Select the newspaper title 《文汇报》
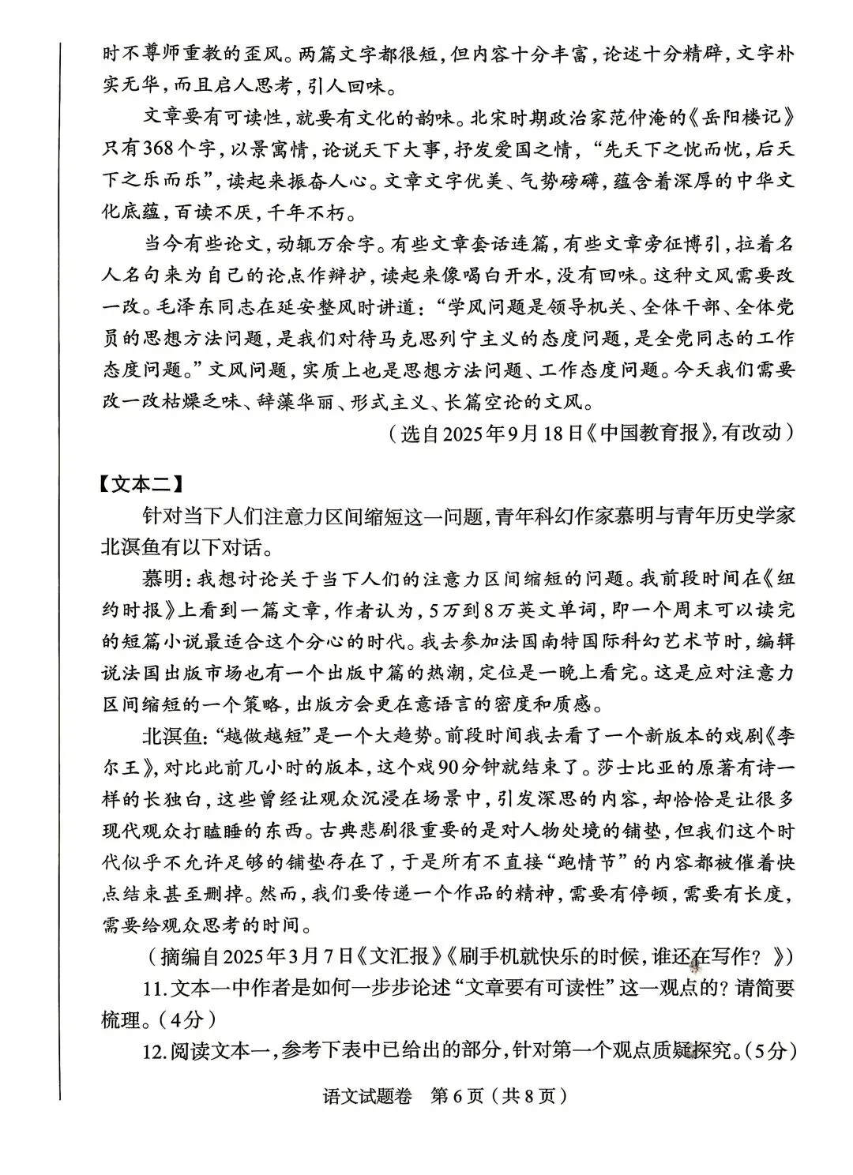point(400,957)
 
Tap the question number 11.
point(152,989)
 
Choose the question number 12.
point(153,1052)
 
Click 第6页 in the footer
point(456,1097)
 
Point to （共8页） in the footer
point(528,1097)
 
